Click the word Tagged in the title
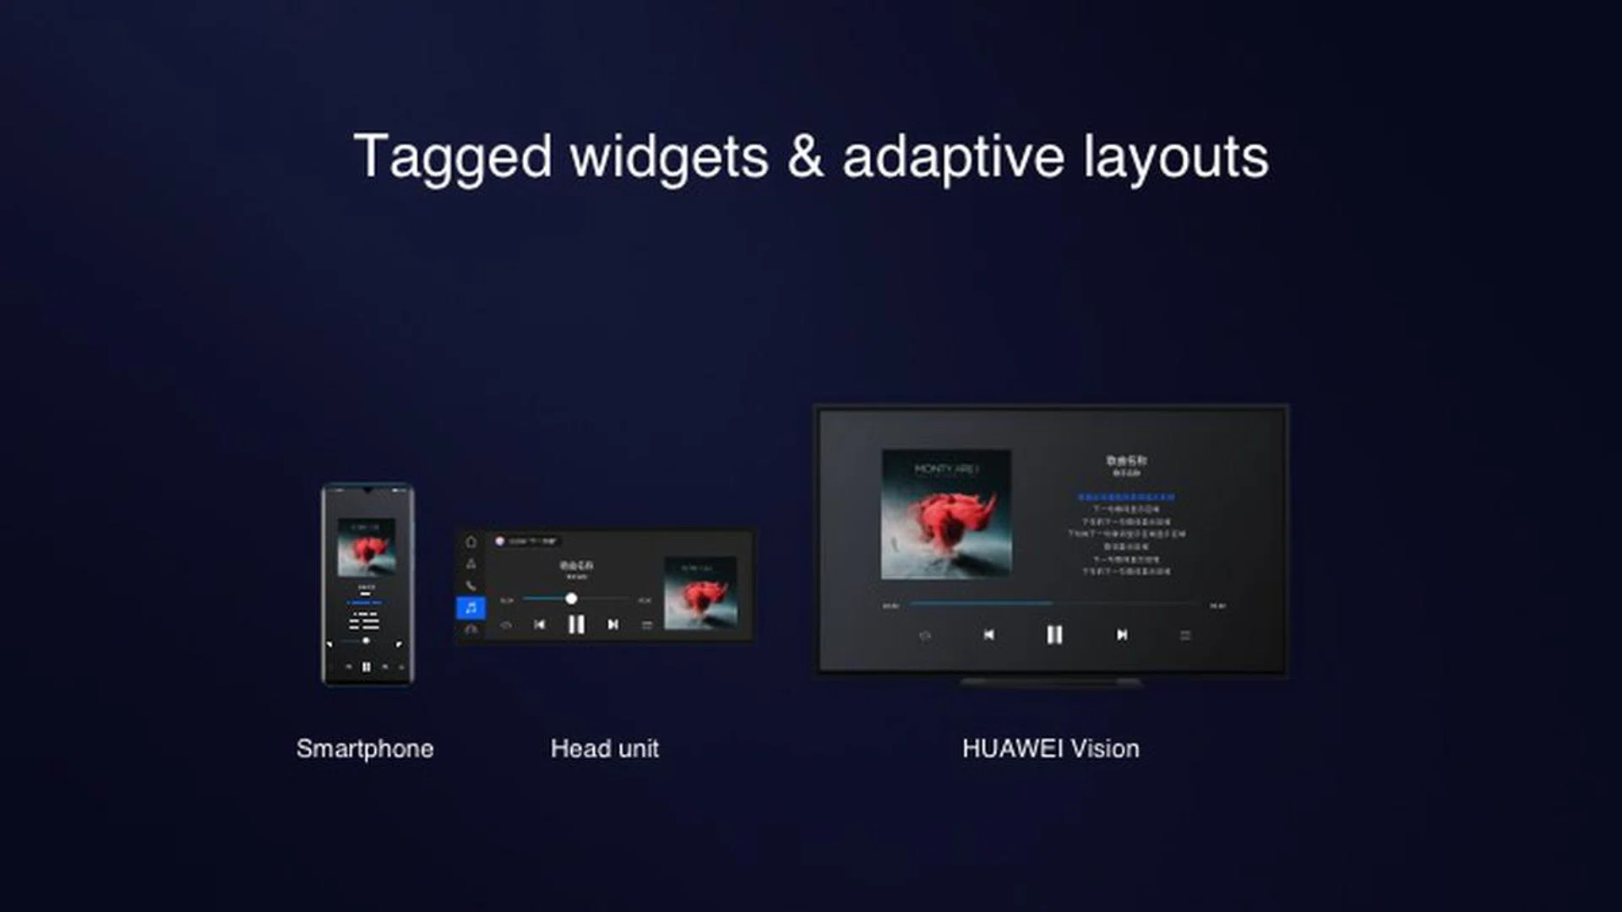pyautogui.click(x=453, y=158)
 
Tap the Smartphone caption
pyautogui.click(x=365, y=749)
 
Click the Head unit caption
pyautogui.click(x=604, y=749)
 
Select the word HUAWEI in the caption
pyautogui.click(x=1012, y=749)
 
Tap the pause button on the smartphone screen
pyautogui.click(x=367, y=667)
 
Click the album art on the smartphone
pyautogui.click(x=367, y=547)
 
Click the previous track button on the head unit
pyautogui.click(x=539, y=625)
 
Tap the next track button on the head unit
pyautogui.click(x=612, y=625)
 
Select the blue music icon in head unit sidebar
pyautogui.click(x=471, y=607)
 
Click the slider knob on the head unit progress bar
pyautogui.click(x=571, y=599)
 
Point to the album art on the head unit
pyautogui.click(x=700, y=593)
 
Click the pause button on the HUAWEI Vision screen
pyautogui.click(x=1054, y=635)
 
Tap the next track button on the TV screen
pyautogui.click(x=1122, y=635)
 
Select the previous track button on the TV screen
pyautogui.click(x=988, y=635)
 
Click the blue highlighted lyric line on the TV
pyautogui.click(x=1126, y=497)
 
